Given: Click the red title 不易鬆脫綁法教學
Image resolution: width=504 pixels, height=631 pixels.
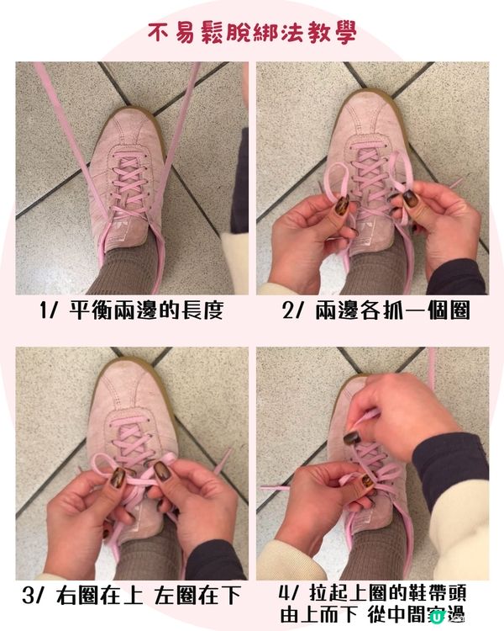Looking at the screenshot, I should click(x=252, y=33).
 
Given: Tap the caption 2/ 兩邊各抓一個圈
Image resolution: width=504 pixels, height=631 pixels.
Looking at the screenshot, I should click(x=375, y=311).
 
